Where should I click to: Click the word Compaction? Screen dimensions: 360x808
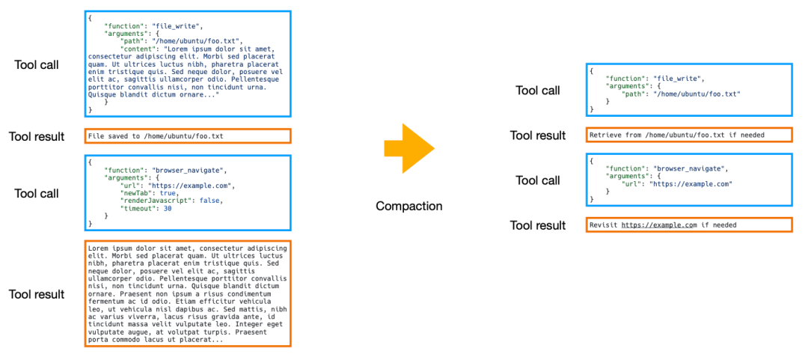coord(408,206)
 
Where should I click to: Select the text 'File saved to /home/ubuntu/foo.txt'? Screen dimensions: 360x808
coord(156,136)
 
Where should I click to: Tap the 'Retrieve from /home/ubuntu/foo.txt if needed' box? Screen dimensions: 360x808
coord(688,135)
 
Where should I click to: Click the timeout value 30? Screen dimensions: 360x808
coord(168,208)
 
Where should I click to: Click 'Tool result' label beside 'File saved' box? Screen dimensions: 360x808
coord(36,136)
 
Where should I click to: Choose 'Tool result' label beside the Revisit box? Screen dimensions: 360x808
coord(537,225)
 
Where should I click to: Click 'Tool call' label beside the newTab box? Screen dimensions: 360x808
coord(37,193)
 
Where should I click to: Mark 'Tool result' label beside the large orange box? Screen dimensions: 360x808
coord(36,294)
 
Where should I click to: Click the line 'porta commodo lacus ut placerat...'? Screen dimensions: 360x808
coord(156,340)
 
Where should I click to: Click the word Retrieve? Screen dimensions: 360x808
coord(606,135)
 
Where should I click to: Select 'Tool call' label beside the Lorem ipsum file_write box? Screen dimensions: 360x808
coord(37,64)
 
